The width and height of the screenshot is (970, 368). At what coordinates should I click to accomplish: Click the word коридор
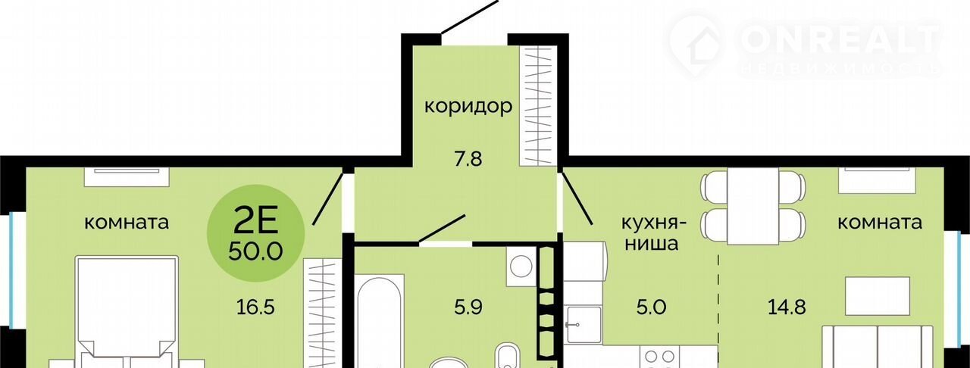468,107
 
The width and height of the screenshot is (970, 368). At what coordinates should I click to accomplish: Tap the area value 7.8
468,159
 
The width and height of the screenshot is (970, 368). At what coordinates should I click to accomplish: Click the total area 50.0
255,251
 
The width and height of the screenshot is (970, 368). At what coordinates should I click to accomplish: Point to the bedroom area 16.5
255,307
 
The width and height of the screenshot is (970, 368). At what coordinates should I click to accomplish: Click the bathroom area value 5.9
468,307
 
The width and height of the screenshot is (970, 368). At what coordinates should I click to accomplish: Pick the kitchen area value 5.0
651,307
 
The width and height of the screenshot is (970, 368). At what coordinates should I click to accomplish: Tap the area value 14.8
787,307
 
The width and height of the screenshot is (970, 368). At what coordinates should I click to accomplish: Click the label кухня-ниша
654,233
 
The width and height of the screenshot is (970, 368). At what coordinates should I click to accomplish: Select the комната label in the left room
126,223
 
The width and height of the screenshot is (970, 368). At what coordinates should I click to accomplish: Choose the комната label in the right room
880,223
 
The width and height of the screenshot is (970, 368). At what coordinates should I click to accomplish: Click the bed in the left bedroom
127,312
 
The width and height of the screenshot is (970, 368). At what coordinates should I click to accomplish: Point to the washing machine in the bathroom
521,266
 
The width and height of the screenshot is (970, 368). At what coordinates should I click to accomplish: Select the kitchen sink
583,325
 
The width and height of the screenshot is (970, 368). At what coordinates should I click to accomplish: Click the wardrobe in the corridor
538,107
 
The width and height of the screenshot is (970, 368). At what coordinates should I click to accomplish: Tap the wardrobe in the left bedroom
323,313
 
